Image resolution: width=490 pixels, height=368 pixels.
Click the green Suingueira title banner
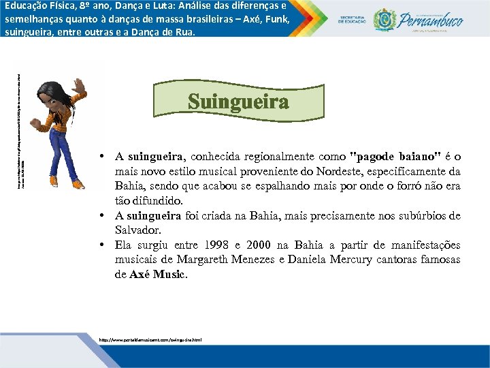click(x=238, y=102)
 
